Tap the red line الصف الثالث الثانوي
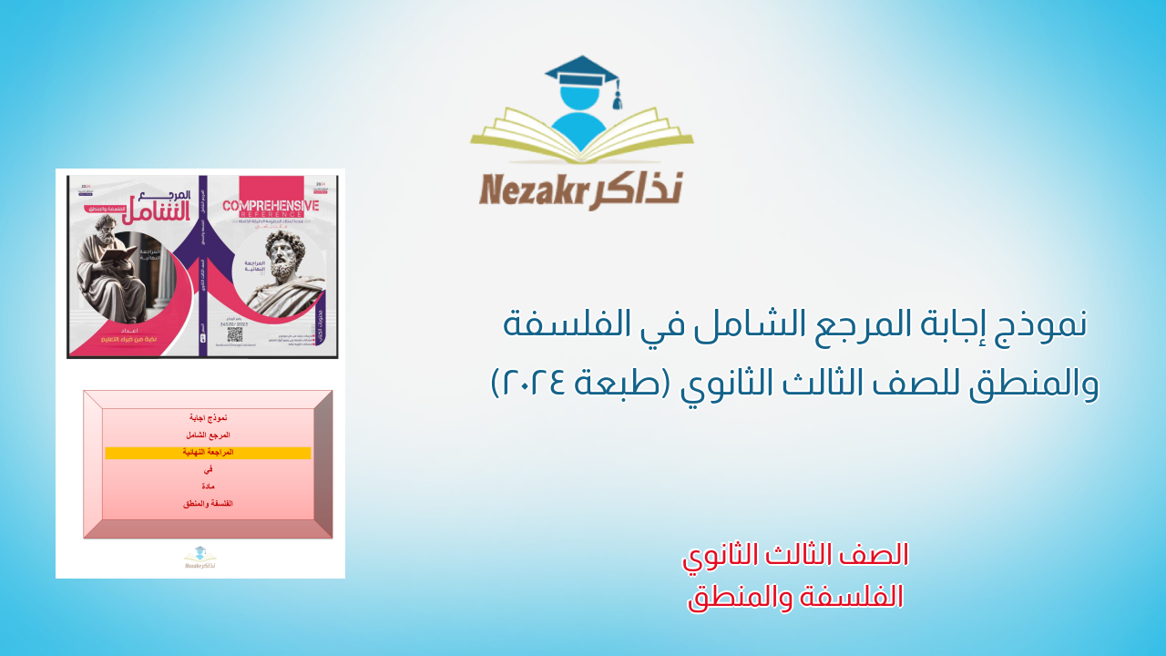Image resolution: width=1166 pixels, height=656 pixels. [795, 555]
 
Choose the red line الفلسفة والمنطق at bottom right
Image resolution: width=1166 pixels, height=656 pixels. [795, 597]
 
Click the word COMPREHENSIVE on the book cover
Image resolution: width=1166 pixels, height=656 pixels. [271, 207]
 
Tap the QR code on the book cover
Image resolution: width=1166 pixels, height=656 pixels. [234, 334]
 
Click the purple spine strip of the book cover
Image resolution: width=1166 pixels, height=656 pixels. [202, 264]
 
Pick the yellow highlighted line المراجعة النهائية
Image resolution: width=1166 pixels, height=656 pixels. [208, 453]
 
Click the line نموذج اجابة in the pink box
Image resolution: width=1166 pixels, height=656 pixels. [208, 417]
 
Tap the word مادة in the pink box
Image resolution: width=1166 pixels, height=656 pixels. [208, 487]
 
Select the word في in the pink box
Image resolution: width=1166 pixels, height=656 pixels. [208, 469]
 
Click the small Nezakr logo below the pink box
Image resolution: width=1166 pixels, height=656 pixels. [200, 558]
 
